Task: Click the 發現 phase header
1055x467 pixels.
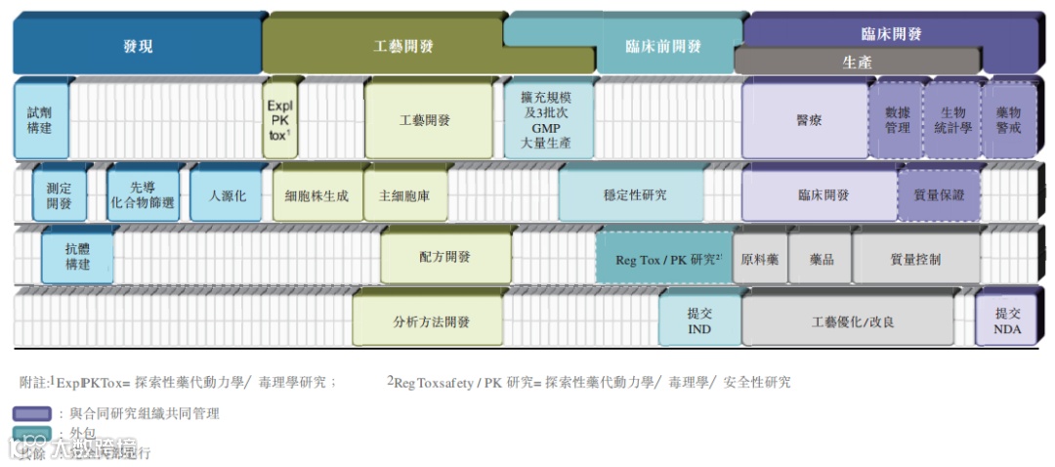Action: (138, 46)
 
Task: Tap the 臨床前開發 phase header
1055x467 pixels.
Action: (663, 46)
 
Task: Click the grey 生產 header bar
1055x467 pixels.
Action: (857, 62)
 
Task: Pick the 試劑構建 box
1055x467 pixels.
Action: (41, 121)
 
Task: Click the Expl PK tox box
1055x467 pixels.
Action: (279, 120)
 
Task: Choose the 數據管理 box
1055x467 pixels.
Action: (897, 121)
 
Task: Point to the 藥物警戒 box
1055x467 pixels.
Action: (1009, 121)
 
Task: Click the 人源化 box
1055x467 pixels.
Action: (227, 195)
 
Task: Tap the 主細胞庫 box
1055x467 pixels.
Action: (403, 195)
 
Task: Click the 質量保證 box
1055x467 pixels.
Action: (939, 195)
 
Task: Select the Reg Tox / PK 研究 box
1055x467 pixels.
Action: (666, 260)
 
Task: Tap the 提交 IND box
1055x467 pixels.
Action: (699, 321)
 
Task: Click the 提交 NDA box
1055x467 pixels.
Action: (1007, 321)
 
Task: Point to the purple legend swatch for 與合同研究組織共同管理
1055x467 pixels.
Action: (32, 413)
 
